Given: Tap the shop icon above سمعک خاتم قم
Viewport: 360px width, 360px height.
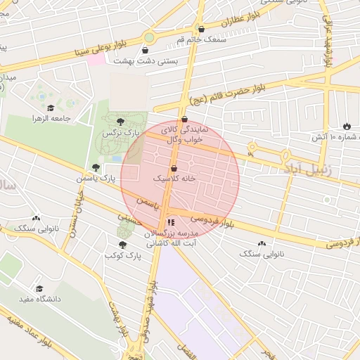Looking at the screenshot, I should (x=202, y=30).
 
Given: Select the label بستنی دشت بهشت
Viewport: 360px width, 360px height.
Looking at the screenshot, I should (x=146, y=61).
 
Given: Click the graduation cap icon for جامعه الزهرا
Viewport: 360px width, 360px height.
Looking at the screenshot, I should (x=51, y=108).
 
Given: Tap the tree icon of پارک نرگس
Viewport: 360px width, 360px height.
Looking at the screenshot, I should (x=121, y=122).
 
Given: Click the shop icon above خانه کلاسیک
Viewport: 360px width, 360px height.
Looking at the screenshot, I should (x=174, y=168).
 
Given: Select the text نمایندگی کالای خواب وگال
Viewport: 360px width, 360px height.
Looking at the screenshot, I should (x=182, y=135).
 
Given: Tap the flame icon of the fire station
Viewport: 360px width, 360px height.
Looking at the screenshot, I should (x=346, y=126).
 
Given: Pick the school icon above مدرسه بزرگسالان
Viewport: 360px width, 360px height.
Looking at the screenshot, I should (x=171, y=223).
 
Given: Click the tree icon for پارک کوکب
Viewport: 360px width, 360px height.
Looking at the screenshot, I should (x=123, y=245).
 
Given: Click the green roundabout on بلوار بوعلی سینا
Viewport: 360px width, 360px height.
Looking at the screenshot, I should (x=149, y=37).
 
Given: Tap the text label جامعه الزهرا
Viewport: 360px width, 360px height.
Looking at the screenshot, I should (x=52, y=119).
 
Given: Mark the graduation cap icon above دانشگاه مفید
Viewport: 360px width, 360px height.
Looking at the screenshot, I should (x=40, y=288).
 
